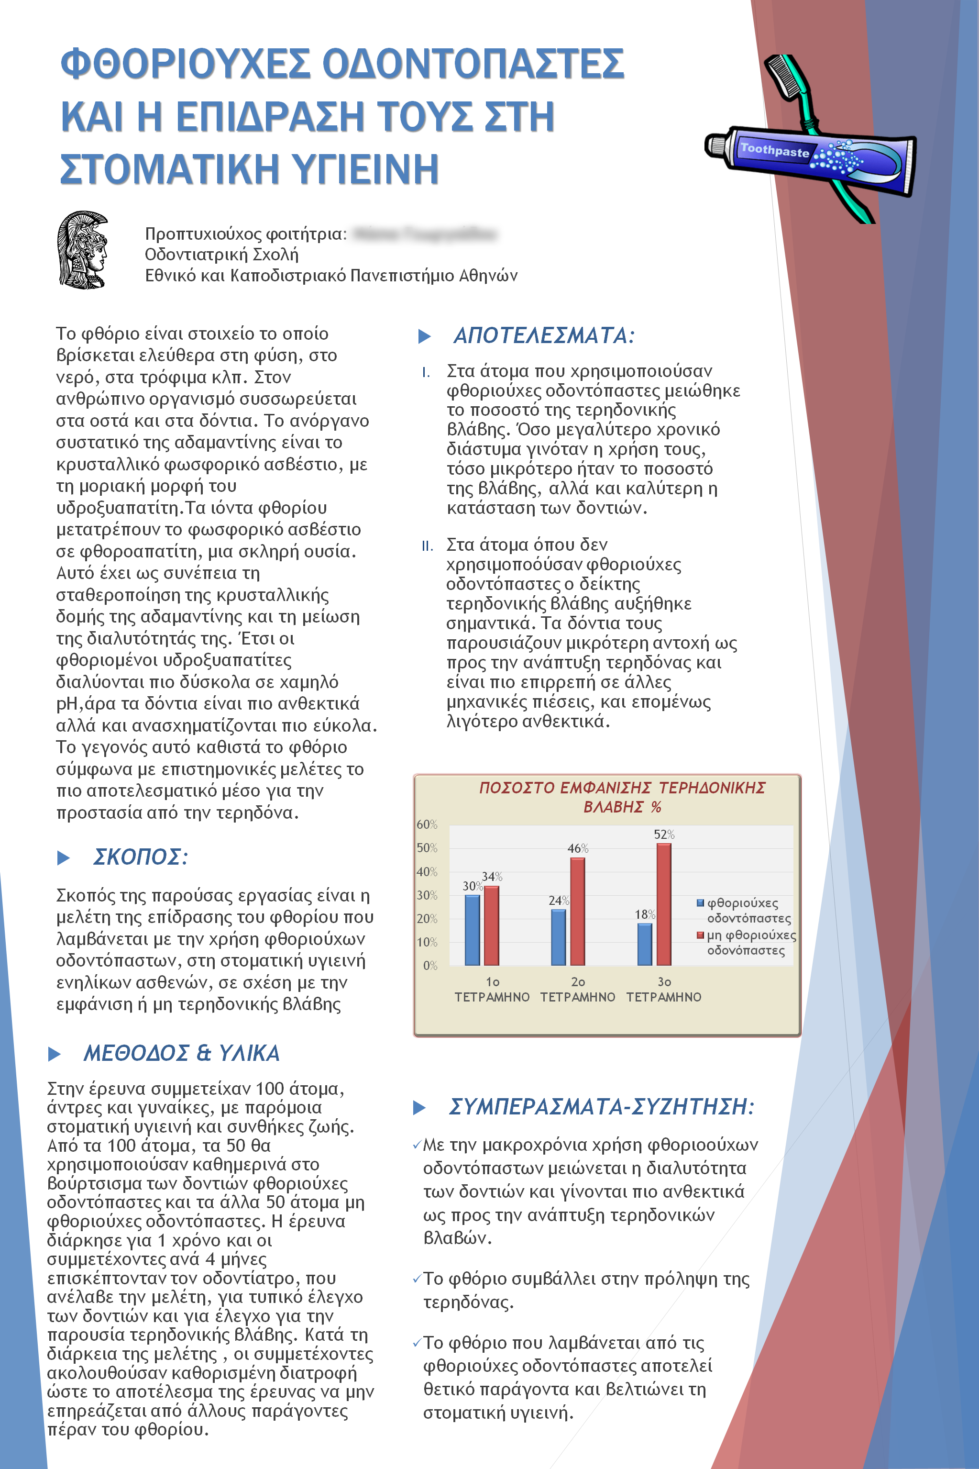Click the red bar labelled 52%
click(x=664, y=904)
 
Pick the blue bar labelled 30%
click(x=473, y=930)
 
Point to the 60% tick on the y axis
click(x=427, y=824)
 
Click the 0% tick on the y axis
click(x=430, y=966)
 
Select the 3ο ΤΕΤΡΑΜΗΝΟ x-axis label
click(x=664, y=990)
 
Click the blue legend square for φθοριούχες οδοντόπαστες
click(x=701, y=902)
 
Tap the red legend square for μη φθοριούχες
click(x=701, y=935)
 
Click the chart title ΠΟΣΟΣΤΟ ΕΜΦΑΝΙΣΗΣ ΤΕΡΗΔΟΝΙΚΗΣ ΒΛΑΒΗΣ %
click(x=622, y=797)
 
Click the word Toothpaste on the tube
click(x=774, y=150)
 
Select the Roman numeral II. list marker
click(x=428, y=546)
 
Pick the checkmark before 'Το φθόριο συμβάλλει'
click(x=417, y=1279)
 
